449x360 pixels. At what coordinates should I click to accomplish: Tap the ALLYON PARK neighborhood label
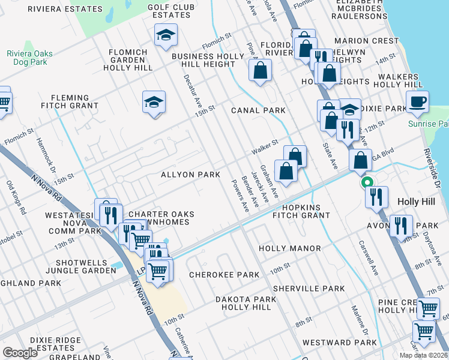point(190,175)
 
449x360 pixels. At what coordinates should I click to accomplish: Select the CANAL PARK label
point(259,110)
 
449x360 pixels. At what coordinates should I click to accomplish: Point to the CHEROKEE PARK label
point(224,275)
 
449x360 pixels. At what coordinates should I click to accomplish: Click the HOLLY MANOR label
point(289,248)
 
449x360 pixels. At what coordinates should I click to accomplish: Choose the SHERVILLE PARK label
point(309,289)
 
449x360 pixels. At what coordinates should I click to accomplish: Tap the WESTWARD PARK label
point(339,343)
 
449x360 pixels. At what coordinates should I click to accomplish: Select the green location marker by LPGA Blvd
point(365,182)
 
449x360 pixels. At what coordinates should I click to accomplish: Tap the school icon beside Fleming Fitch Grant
point(154,103)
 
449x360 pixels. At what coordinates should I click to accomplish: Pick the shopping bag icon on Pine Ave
point(261,70)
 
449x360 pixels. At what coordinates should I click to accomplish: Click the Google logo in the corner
point(20,353)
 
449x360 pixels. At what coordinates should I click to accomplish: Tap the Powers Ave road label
point(240,196)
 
